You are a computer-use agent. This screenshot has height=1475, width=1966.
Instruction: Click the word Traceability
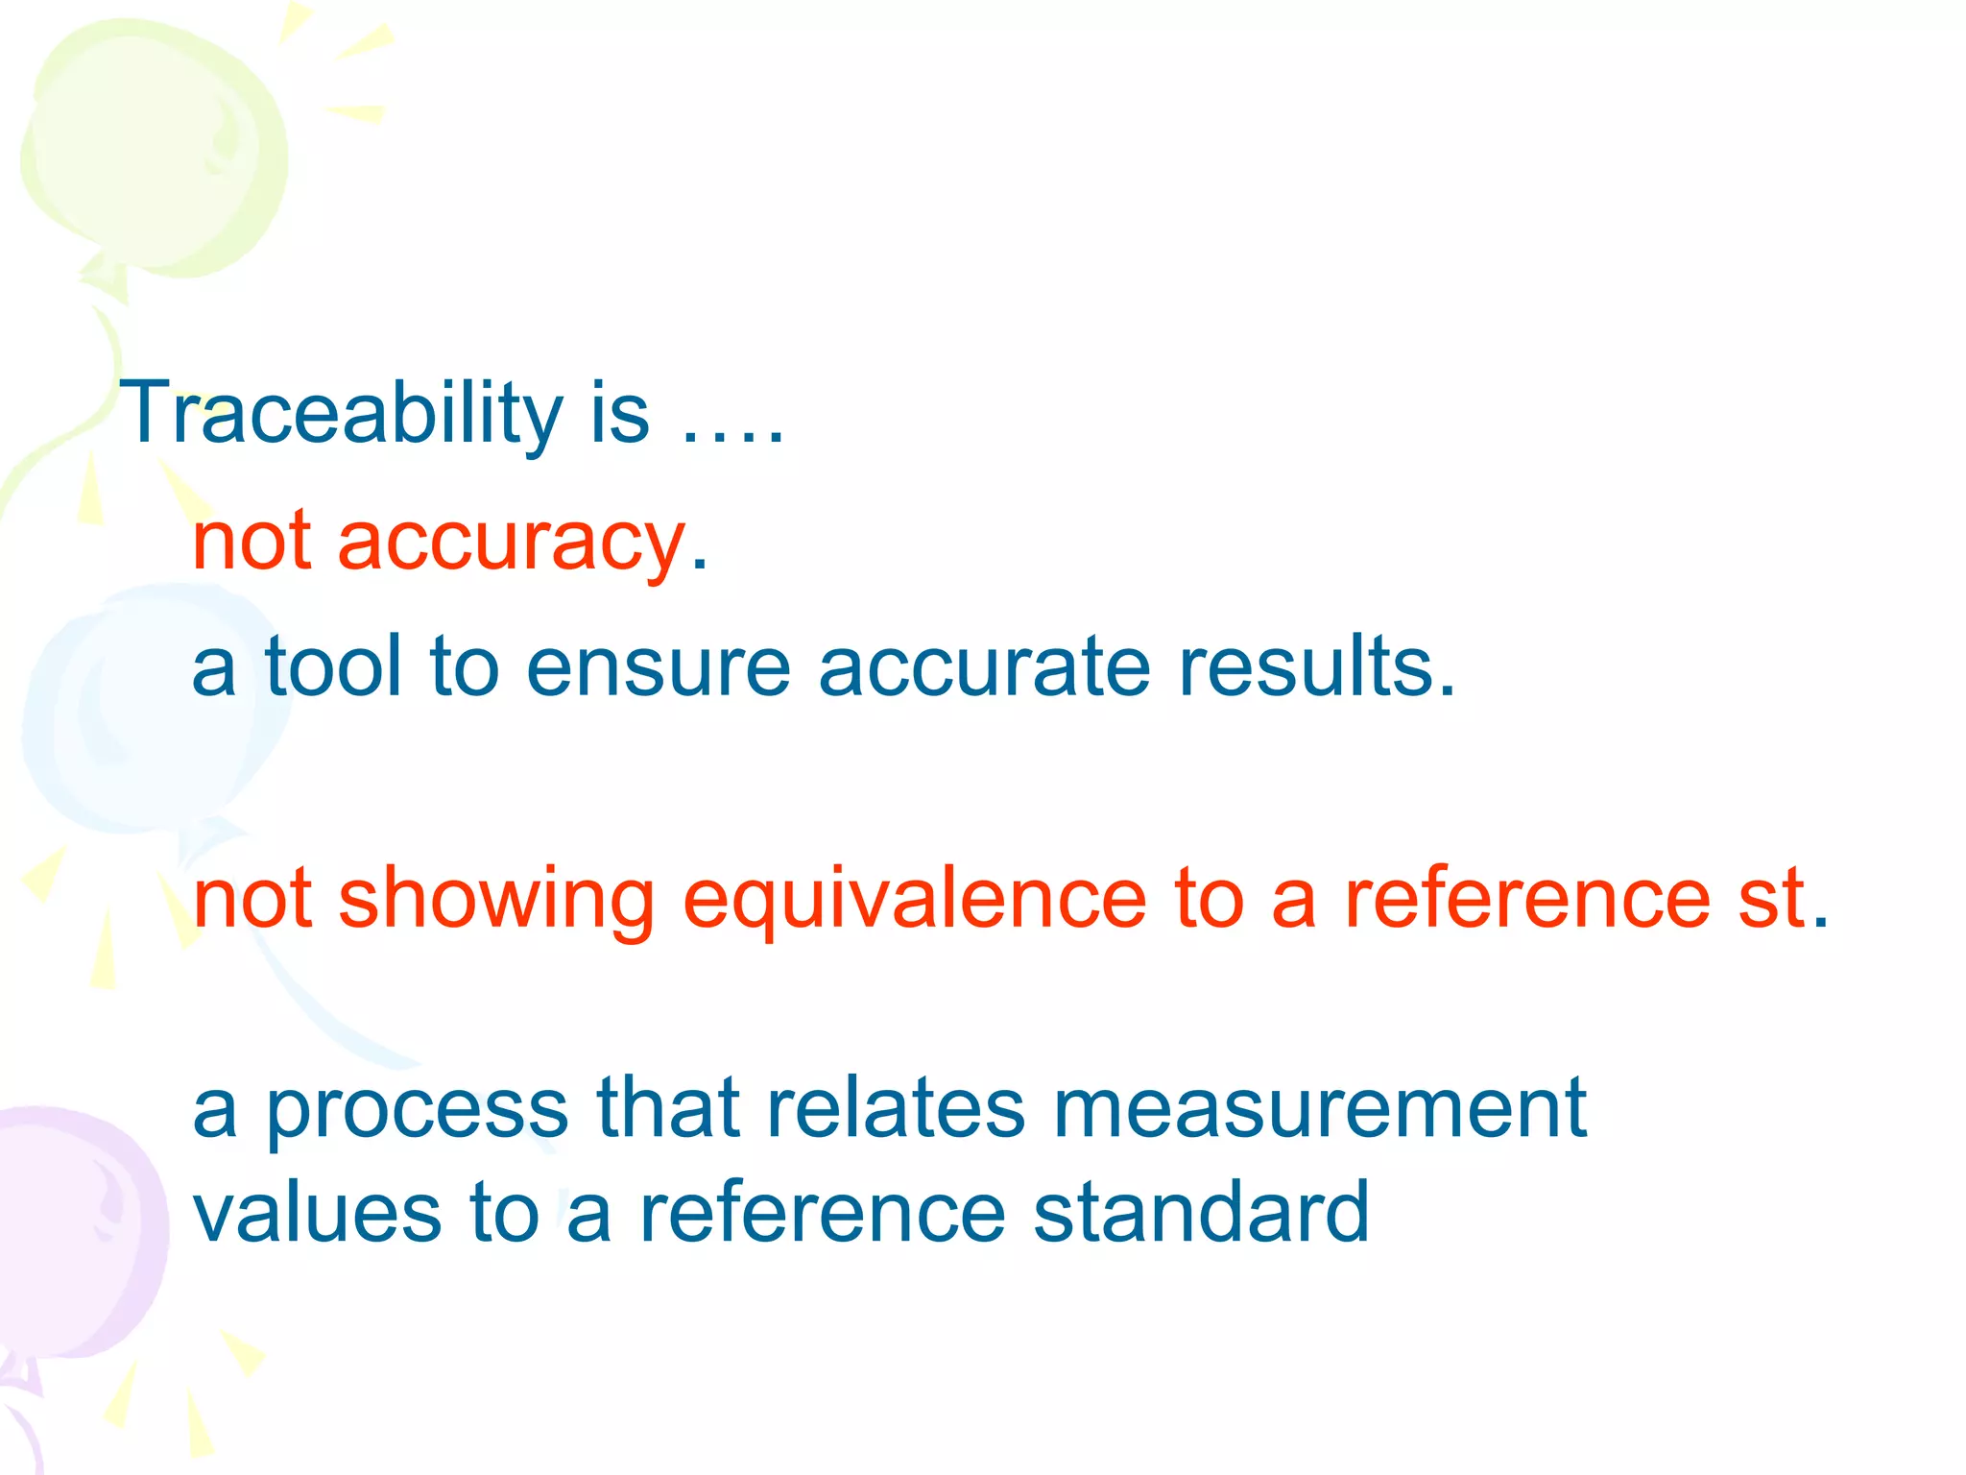pyautogui.click(x=341, y=413)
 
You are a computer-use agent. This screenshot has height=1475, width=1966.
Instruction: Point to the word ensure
pyautogui.click(x=658, y=667)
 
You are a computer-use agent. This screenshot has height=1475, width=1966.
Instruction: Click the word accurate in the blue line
pyautogui.click(x=984, y=667)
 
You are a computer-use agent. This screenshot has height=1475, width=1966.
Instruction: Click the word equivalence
pyautogui.click(x=914, y=901)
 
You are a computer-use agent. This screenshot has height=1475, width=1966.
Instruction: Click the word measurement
pyautogui.click(x=1320, y=1109)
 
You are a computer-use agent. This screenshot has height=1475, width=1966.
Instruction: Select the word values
pyautogui.click(x=318, y=1214)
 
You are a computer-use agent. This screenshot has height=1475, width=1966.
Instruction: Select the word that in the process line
pyautogui.click(x=668, y=1109)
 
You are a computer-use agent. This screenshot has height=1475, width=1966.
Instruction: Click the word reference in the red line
pyautogui.click(x=1526, y=899)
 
